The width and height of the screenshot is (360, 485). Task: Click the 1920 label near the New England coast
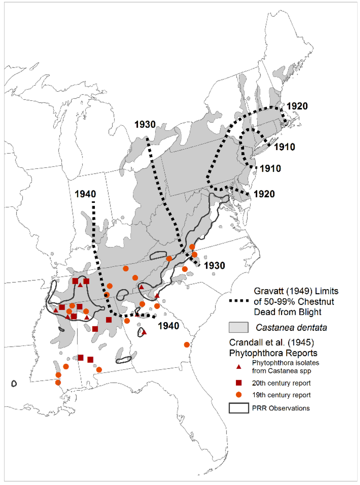297,106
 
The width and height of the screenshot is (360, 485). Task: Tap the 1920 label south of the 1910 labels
264,194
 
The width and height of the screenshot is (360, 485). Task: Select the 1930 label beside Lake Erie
145,125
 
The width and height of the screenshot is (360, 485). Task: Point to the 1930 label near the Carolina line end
214,266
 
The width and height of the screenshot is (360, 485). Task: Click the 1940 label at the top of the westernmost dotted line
85,194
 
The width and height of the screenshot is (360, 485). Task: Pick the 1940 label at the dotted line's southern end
168,326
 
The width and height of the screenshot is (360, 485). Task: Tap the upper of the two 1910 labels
284,147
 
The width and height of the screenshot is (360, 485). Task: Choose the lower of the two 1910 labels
270,168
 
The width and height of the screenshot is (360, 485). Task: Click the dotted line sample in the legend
239,301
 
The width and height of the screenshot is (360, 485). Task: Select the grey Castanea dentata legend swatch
238,327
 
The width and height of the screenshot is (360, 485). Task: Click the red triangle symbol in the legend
239,367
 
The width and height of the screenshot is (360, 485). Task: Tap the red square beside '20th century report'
239,383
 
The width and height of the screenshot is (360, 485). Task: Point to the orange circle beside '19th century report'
239,395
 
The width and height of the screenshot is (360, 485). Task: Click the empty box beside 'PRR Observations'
239,408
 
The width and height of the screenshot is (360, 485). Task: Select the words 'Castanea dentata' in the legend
291,327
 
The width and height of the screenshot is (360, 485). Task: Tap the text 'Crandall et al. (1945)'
271,343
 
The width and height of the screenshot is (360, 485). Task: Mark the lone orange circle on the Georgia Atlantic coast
187,345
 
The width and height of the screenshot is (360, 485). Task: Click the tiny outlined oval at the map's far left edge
14,383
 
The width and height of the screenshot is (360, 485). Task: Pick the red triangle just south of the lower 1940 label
144,332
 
